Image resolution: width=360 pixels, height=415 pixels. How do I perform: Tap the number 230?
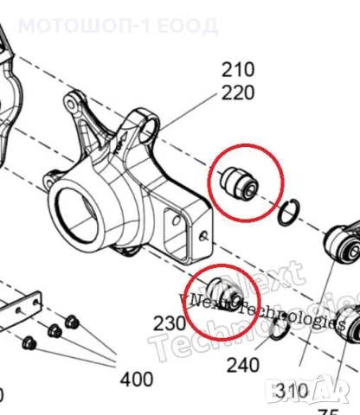[170, 323]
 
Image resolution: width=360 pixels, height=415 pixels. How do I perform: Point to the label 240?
[242, 365]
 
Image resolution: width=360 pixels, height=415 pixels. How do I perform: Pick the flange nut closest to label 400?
[73, 322]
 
